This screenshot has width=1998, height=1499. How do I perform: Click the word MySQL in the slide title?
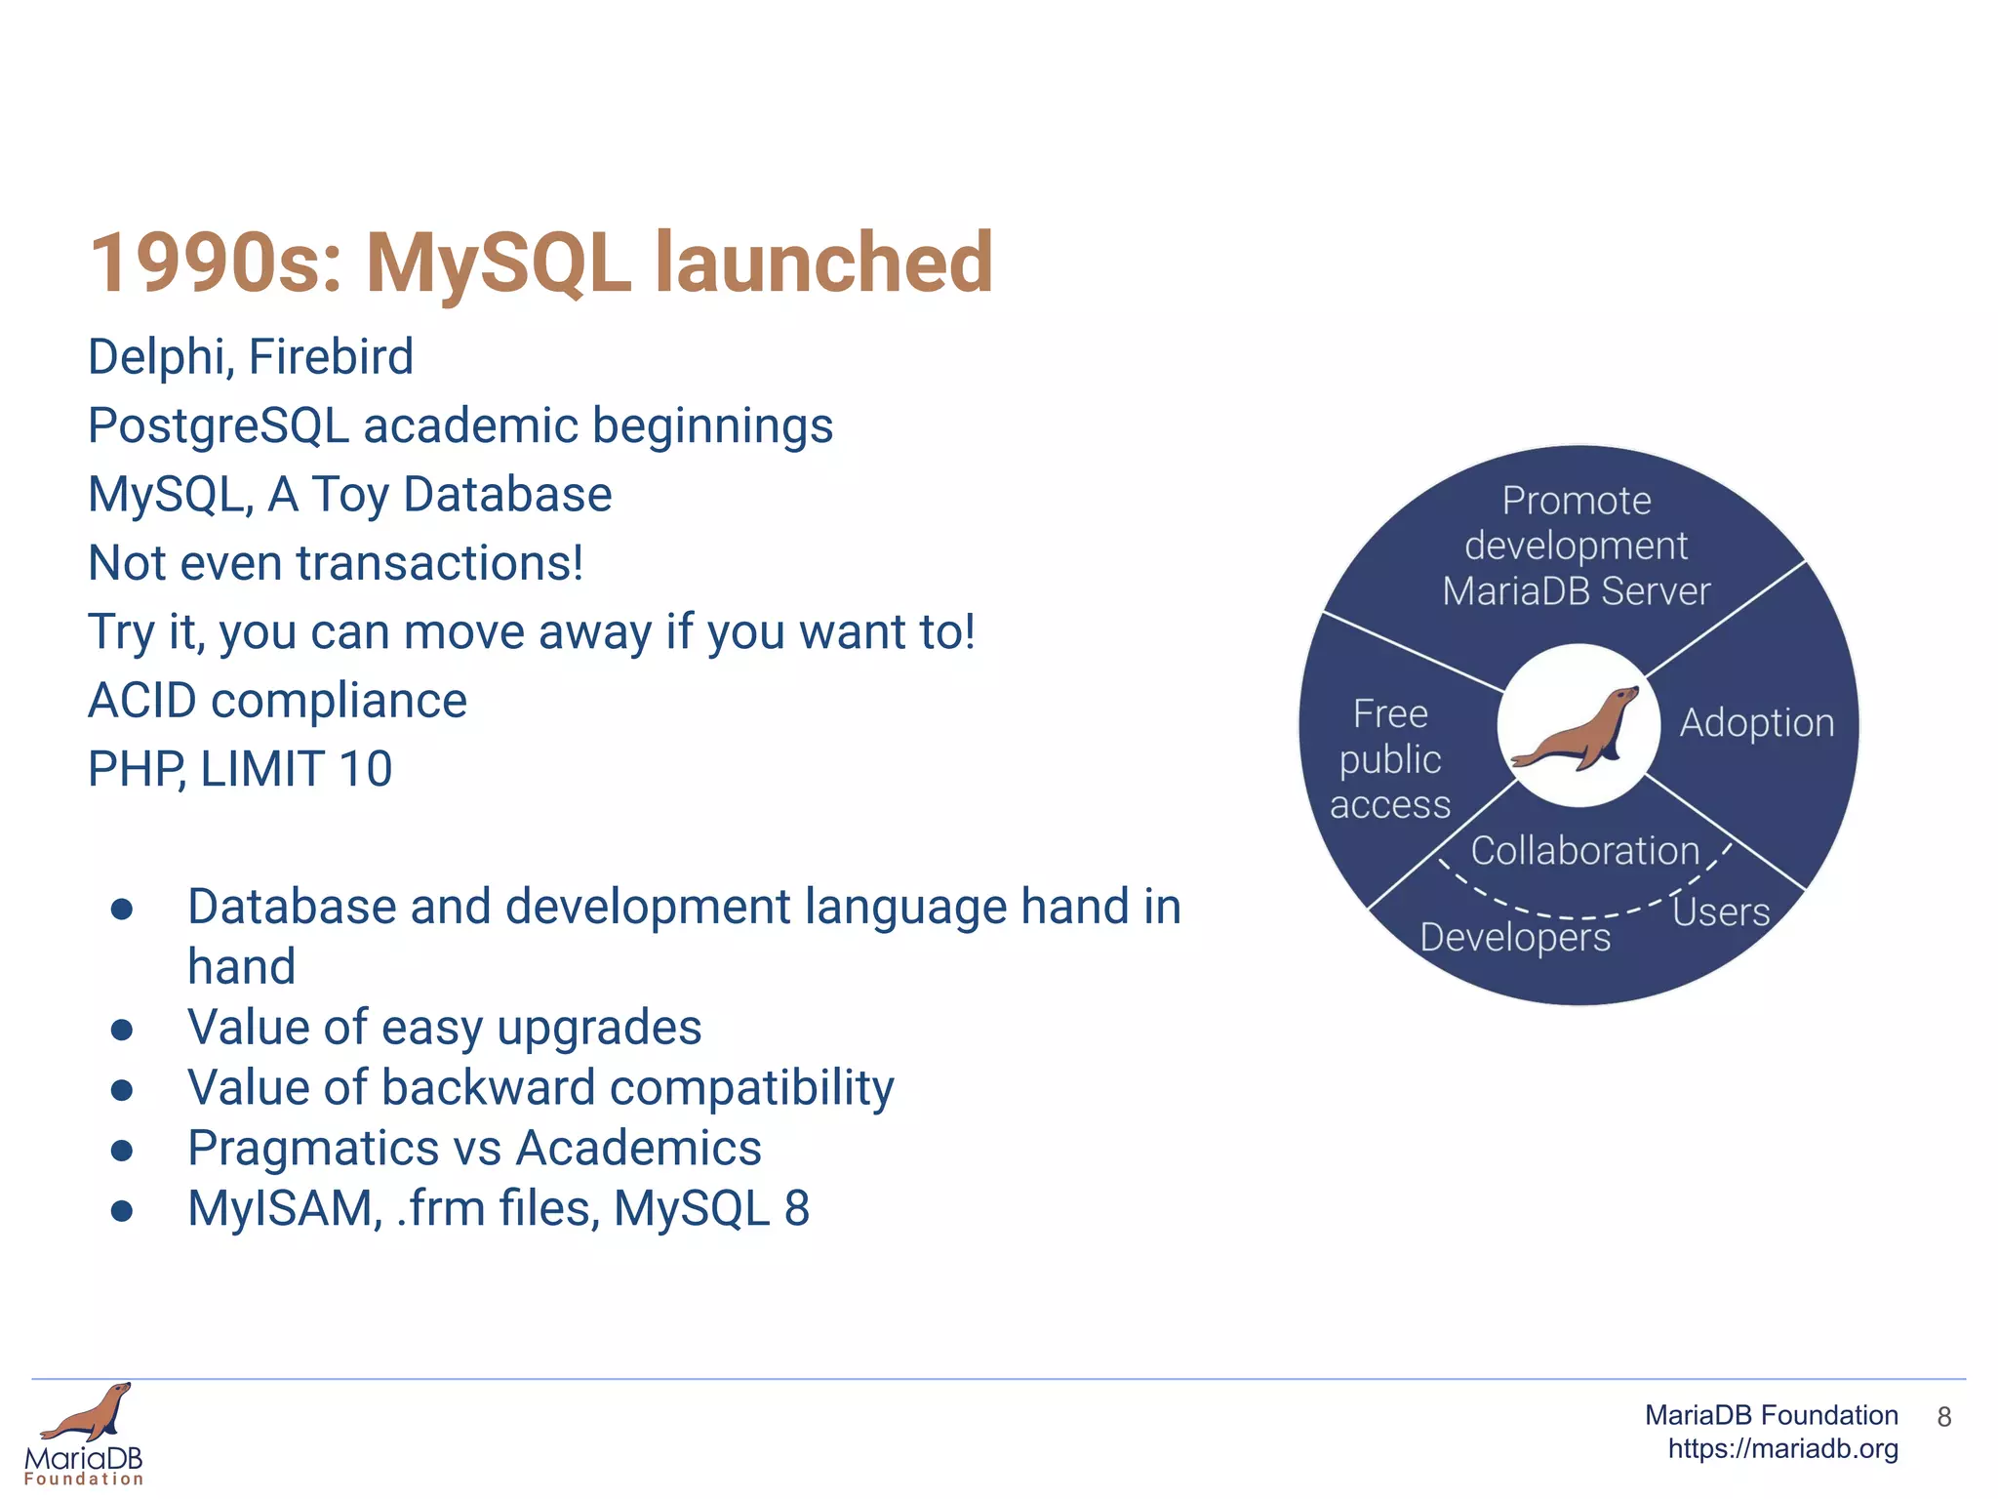498,263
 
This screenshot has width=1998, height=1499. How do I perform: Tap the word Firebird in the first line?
331,356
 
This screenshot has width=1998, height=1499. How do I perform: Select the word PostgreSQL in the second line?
218,426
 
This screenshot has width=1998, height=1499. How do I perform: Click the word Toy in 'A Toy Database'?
350,495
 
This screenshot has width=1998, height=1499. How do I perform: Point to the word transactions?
439,563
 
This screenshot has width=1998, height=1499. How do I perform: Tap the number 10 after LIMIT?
365,769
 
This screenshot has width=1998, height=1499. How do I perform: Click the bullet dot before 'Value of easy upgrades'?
122,1030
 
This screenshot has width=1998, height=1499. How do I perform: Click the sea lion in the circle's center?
1577,729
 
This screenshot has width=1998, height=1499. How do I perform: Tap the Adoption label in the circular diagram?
1756,723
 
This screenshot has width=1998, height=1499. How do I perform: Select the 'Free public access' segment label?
1390,759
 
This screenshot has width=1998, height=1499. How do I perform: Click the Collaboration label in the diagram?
1584,851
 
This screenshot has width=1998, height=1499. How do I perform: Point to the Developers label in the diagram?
1514,938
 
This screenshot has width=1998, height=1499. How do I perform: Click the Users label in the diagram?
1721,912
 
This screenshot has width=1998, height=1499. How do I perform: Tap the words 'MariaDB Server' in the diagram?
1576,591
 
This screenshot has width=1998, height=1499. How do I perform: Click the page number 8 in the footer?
1943,1417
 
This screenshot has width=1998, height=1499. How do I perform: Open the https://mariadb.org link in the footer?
1782,1449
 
